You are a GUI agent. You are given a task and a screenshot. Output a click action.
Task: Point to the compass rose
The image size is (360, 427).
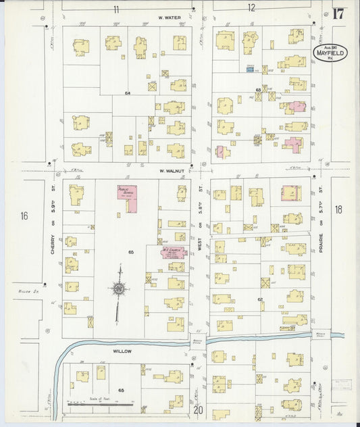[119, 291]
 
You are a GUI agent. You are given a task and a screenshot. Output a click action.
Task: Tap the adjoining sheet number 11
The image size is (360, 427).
[116, 9]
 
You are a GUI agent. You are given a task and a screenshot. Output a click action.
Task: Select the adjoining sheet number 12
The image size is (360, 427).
[251, 9]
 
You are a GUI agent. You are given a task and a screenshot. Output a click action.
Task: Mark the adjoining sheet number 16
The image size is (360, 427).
[24, 216]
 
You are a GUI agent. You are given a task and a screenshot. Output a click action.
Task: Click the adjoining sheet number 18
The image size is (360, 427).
[338, 209]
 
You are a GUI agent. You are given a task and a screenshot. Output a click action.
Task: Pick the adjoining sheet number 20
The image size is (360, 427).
[199, 409]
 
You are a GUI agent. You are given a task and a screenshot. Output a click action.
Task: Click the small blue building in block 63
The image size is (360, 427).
[251, 69]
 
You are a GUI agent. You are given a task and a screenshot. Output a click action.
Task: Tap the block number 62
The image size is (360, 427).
[259, 299]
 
